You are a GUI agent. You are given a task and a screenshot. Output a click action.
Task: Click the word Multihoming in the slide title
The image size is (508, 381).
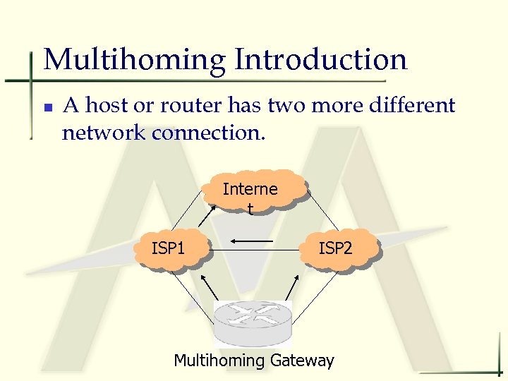tap(134, 60)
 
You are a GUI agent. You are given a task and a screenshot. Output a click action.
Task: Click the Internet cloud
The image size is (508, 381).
tap(252, 191)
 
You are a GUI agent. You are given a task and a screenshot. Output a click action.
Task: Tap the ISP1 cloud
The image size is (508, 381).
tap(169, 249)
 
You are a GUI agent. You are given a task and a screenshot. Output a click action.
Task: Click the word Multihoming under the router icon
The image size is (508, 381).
tap(218, 361)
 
